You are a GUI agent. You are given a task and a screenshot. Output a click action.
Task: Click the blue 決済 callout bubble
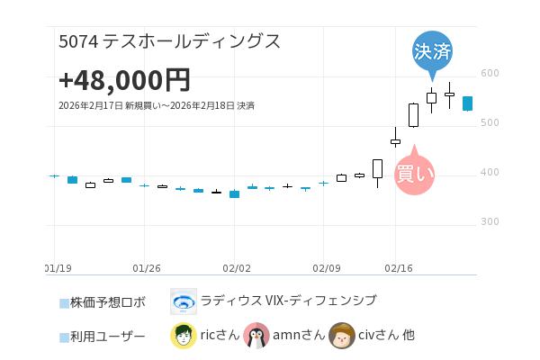pos(432,50)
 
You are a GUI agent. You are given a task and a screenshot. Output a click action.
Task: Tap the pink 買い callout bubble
pos(415,173)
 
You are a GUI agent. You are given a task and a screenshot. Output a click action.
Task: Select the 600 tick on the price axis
pos(490,74)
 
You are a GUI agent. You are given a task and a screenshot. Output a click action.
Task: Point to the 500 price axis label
pos(490,123)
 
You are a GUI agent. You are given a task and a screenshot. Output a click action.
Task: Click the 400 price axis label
pos(490,173)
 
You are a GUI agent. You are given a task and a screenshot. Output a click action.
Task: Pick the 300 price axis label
pos(490,222)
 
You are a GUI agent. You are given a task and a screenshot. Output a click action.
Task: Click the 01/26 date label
pos(146,268)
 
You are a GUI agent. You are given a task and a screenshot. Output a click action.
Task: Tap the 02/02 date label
pos(236,268)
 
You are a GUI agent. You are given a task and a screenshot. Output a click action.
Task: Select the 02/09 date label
pos(326,268)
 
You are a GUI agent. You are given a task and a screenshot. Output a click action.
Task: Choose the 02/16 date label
pos(398,268)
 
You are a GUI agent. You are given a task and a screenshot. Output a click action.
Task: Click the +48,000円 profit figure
pos(124,80)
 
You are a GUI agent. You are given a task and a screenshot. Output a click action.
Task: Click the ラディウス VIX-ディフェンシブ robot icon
pos(184,301)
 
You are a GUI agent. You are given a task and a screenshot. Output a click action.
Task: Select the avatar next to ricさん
pos(184,336)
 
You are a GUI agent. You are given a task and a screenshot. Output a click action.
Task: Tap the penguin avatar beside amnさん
pos(256,336)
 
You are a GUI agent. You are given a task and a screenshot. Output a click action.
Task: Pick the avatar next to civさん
pos(341,336)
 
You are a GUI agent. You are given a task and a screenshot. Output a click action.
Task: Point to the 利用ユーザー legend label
pos(107,337)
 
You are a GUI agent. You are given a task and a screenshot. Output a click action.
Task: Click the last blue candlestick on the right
pos(468,103)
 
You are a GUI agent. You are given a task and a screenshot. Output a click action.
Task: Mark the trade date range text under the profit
pos(156,106)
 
